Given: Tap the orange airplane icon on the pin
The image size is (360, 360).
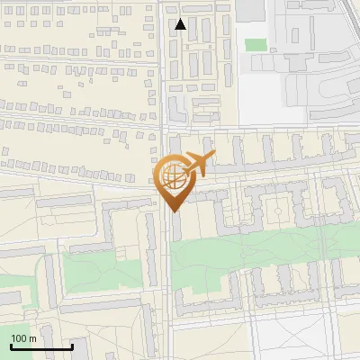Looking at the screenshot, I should pos(200,163).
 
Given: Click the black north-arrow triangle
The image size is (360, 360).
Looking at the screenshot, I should pos(181,24).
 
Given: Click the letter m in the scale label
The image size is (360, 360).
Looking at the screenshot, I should pos(33,338).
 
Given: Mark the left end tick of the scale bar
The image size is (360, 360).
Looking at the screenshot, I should pos(11,346).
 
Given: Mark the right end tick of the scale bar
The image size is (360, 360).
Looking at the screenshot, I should pos(72,346).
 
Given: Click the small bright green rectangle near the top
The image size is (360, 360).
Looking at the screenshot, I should pos(256,44).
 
